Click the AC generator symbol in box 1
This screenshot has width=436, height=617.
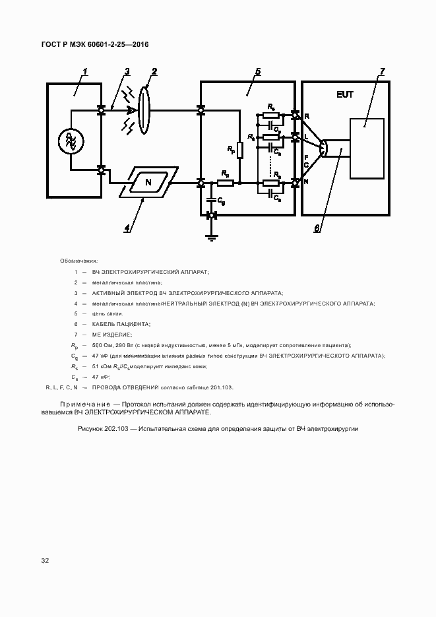click(x=69, y=140)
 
